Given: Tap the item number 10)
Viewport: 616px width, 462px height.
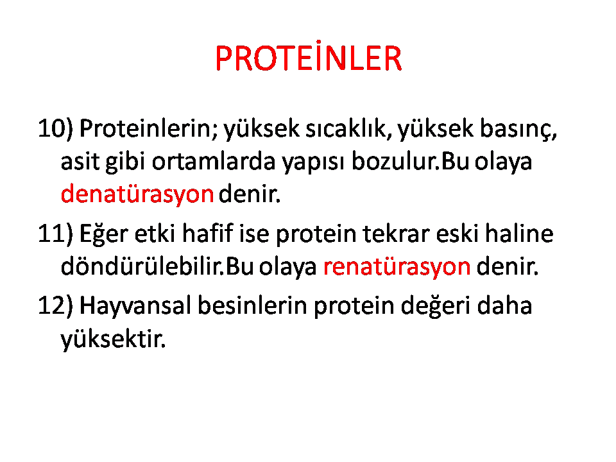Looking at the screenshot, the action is pos(55,128).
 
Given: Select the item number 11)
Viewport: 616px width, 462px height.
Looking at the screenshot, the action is pos(55,234).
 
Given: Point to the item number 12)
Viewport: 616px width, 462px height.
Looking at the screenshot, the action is pos(55,305).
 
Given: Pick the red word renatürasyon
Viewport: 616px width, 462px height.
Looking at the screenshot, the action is pos(397,267).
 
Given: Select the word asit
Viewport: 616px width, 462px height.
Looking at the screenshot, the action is pos(80,161).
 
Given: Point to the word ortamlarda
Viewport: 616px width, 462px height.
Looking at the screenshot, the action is pos(214,161).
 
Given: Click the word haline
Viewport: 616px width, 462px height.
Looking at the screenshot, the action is pos(519,234).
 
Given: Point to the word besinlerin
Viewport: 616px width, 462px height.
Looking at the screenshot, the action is pos(252,305).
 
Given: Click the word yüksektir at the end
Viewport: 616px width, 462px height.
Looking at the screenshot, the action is pos(113,339).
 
